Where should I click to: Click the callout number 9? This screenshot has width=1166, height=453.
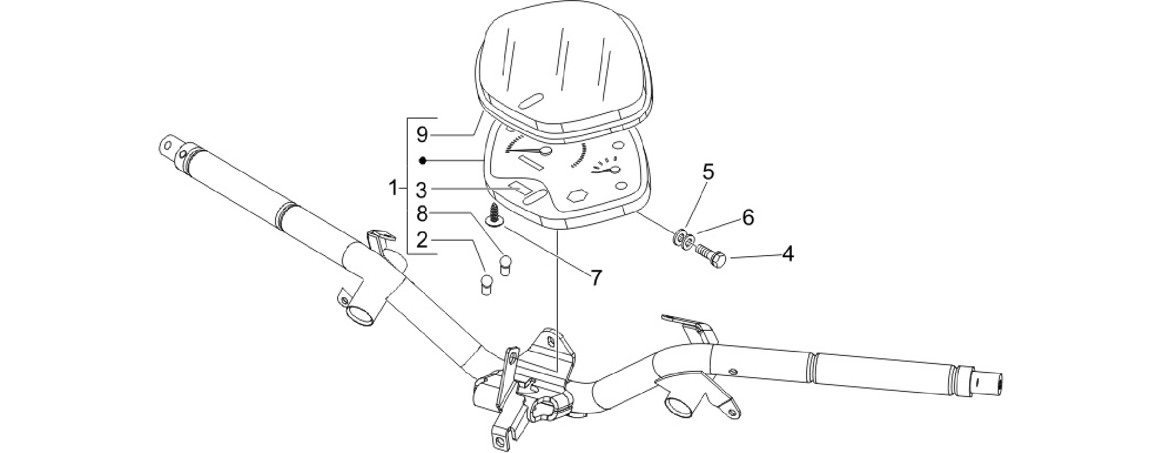(422, 135)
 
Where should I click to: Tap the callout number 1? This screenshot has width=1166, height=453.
(393, 188)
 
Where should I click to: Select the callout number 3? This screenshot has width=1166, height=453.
(422, 189)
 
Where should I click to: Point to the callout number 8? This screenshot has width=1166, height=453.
(422, 214)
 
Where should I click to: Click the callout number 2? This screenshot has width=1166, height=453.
(422, 240)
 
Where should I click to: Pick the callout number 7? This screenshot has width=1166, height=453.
(596, 278)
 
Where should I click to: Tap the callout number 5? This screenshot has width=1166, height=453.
(707, 172)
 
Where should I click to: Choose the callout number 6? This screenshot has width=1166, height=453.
(748, 217)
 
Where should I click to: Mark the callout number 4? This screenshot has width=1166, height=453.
(787, 254)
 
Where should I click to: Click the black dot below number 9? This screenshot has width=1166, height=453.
(422, 161)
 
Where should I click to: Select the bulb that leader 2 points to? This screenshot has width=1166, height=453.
(485, 284)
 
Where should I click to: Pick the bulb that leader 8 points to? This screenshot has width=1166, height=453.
(504, 265)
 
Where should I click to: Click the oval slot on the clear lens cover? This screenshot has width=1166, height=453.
(531, 101)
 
